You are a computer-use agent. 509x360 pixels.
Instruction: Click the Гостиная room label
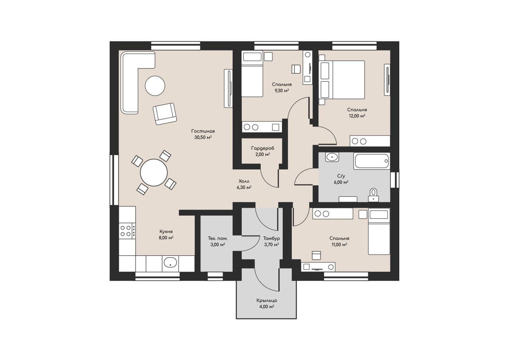pyautogui.click(x=203, y=131)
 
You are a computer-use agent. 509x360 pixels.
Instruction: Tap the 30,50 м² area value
pyautogui.click(x=203, y=137)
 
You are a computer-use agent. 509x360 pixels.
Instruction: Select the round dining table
pyautogui.click(x=154, y=173)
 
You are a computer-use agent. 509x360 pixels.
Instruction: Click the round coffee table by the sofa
pyautogui.click(x=155, y=86)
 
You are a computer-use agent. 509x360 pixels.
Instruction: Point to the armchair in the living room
pyautogui.click(x=165, y=114)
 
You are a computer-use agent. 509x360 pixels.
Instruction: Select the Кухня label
pyautogui.click(x=166, y=232)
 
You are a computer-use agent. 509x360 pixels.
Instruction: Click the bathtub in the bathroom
pyautogui.click(x=371, y=161)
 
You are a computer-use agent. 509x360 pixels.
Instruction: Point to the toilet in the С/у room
pyautogui.click(x=373, y=195)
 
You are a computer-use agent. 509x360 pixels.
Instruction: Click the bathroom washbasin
pyautogui.click(x=332, y=157)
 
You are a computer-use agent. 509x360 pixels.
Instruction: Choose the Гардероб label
pyautogui.click(x=263, y=148)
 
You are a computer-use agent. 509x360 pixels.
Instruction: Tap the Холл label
pyautogui.click(x=244, y=181)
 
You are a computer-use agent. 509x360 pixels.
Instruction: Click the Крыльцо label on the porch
pyautogui.click(x=267, y=300)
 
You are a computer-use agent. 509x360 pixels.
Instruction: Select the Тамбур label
pyautogui.click(x=271, y=238)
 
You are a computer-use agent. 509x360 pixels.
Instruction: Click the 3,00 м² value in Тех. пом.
pyautogui.click(x=218, y=245)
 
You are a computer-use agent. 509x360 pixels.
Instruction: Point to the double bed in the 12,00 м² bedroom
pyautogui.click(x=342, y=80)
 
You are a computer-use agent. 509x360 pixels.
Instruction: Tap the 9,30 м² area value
pyautogui.click(x=282, y=90)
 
